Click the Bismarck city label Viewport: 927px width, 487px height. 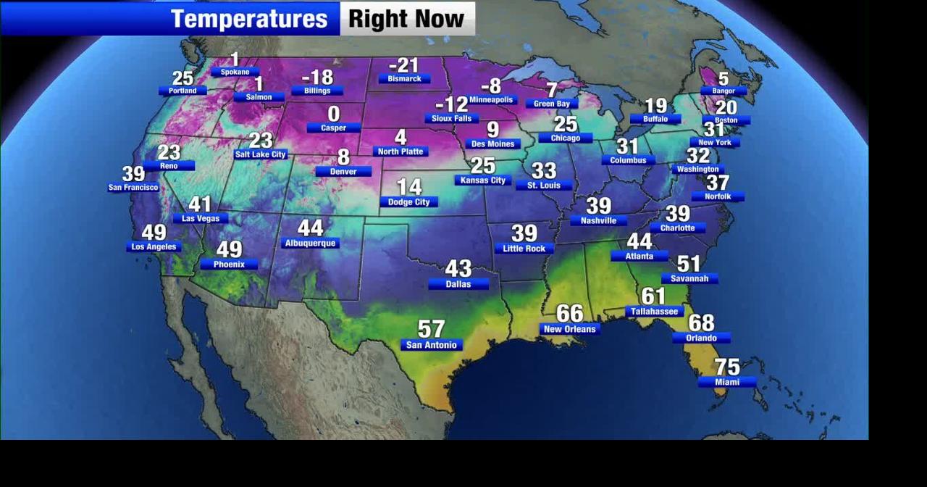(x=404, y=78)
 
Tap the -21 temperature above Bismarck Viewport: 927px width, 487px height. (x=403, y=65)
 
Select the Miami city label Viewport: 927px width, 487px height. (x=727, y=382)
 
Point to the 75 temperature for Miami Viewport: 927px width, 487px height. (x=727, y=367)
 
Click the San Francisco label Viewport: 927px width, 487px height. (x=133, y=188)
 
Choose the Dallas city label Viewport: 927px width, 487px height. (x=458, y=284)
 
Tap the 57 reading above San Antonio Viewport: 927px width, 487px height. (x=431, y=330)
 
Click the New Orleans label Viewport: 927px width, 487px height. (x=569, y=329)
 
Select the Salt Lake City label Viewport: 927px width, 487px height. (x=261, y=154)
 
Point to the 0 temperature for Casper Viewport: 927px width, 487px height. (x=333, y=114)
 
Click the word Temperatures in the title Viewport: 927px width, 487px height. (x=249, y=19)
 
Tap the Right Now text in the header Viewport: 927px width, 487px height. (x=406, y=19)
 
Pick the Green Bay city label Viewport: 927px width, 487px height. (x=552, y=104)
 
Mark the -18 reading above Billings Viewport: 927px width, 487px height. (x=317, y=77)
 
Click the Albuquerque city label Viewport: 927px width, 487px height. (x=310, y=243)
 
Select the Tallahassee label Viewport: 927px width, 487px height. (x=654, y=312)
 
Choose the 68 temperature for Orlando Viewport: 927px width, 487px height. (x=701, y=322)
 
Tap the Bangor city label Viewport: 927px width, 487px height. (x=723, y=91)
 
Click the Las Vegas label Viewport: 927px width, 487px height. (x=201, y=218)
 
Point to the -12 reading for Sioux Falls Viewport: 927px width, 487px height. (x=451, y=104)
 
